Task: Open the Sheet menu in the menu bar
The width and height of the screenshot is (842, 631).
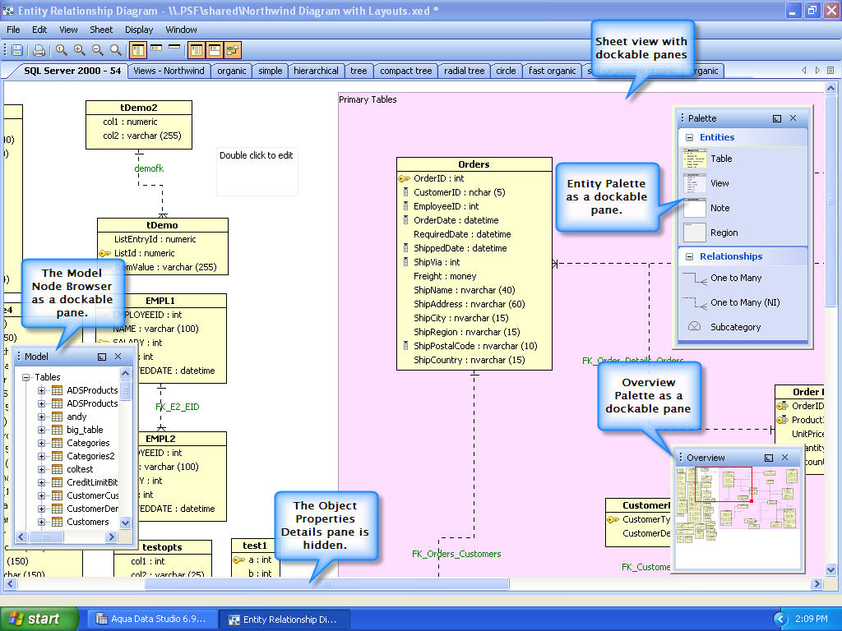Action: click(101, 30)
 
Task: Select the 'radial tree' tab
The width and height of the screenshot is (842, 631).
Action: click(464, 71)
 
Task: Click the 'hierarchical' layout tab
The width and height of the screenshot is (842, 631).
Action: click(316, 71)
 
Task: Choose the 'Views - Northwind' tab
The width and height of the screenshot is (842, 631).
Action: click(169, 71)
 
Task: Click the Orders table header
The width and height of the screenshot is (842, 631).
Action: click(474, 164)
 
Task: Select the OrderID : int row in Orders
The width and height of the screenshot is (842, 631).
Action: click(438, 178)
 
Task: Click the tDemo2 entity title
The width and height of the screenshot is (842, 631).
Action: click(139, 108)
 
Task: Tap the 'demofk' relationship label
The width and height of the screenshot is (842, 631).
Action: click(149, 168)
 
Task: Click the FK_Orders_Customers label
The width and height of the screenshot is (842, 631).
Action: click(456, 554)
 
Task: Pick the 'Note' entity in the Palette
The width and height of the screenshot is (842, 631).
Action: click(719, 208)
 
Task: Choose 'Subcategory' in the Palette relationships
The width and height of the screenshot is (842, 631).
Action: click(735, 327)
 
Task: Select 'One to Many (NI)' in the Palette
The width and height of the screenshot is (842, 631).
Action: click(745, 302)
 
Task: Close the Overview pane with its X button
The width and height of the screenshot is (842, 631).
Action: click(784, 458)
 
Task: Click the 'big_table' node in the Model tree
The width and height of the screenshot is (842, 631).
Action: click(85, 430)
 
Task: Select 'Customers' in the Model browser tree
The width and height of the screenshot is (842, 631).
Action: click(87, 522)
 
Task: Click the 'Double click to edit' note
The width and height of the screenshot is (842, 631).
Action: click(256, 155)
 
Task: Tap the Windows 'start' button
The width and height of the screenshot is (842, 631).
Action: click(39, 619)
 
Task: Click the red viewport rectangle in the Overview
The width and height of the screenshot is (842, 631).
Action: click(723, 485)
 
